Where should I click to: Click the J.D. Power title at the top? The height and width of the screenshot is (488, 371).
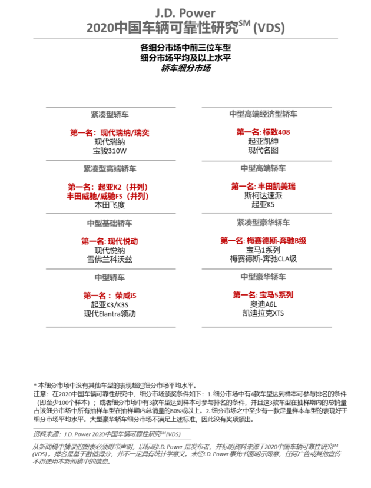click(x=185, y=12)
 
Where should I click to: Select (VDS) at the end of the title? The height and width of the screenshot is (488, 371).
click(x=269, y=28)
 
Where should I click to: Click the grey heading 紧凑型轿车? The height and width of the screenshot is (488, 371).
click(x=110, y=114)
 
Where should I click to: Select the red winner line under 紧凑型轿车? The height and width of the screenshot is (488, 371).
click(x=110, y=132)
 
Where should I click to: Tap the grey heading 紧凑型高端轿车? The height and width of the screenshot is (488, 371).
click(x=110, y=169)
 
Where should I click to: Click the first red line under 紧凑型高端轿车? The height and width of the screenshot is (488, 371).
click(x=107, y=186)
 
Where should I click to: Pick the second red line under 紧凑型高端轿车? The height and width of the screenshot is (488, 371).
click(x=107, y=196)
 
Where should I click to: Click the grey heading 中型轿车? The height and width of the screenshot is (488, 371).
click(x=110, y=277)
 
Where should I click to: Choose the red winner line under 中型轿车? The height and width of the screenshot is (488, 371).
click(x=110, y=295)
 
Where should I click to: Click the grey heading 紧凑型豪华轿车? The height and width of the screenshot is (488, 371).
click(x=263, y=223)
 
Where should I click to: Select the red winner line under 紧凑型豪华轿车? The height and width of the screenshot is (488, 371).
click(x=263, y=240)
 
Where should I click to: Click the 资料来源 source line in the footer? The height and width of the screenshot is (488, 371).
click(x=107, y=434)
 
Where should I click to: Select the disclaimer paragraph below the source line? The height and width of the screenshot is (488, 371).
click(x=185, y=453)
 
